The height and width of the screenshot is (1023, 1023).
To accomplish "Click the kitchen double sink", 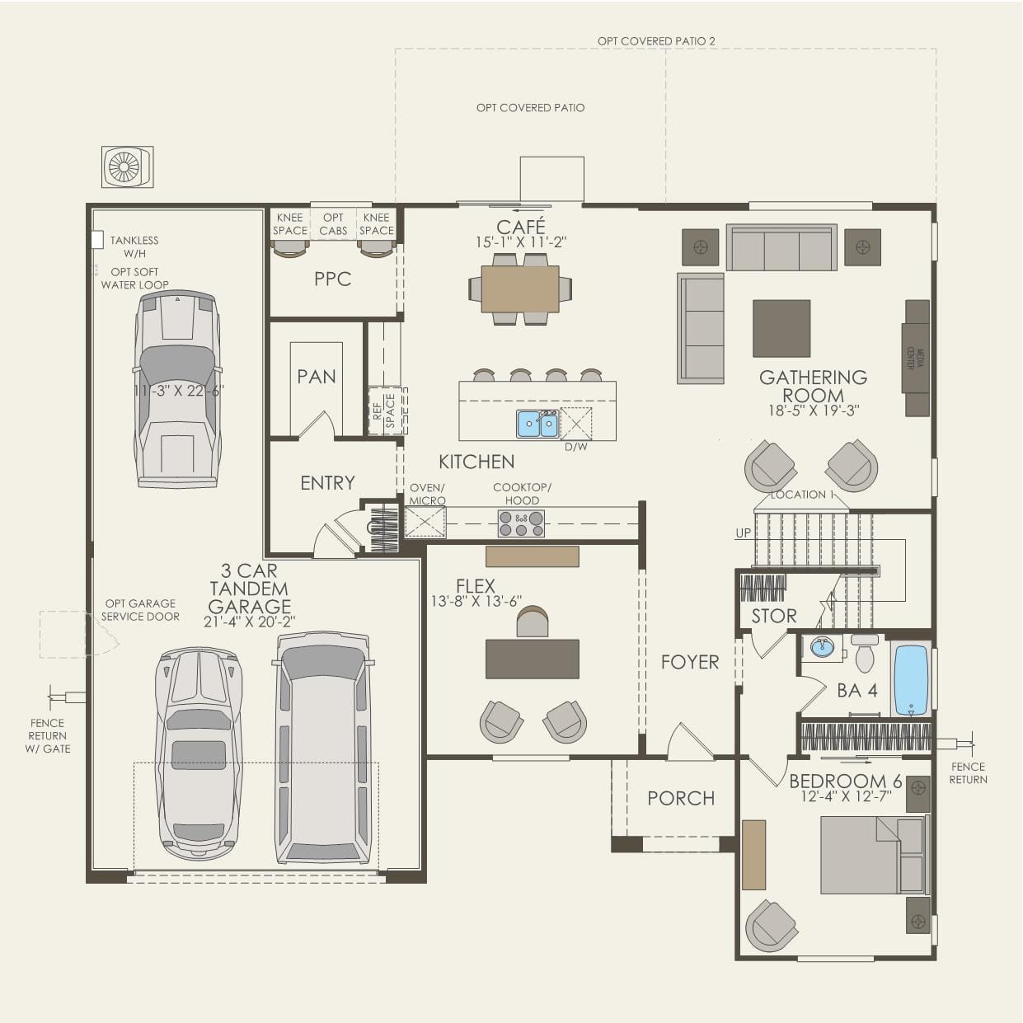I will tap(537, 424).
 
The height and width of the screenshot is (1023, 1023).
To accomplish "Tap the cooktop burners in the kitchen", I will tap(521, 523).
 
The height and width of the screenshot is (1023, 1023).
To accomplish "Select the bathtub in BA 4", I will tap(911, 679).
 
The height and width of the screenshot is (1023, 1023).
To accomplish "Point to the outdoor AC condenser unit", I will tap(127, 167).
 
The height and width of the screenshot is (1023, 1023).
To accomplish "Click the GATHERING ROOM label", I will tap(813, 387).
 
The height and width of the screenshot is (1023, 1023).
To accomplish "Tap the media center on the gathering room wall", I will tap(917, 359).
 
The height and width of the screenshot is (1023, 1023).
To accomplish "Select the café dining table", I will tap(520, 289).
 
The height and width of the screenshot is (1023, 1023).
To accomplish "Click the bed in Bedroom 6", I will tap(872, 855).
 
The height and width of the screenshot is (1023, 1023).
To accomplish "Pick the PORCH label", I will tap(681, 798).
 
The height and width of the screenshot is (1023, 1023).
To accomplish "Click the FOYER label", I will tap(690, 662).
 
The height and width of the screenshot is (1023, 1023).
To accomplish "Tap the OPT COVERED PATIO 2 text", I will tap(656, 40).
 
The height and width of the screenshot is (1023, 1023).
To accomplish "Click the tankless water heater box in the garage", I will tap(96, 239).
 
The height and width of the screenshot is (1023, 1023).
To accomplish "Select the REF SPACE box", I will tap(384, 411).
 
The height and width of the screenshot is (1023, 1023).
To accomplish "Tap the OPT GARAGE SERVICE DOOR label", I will tap(140, 610).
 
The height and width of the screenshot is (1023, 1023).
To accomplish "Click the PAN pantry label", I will tap(317, 377).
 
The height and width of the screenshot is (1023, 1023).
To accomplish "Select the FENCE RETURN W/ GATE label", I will tap(47, 735).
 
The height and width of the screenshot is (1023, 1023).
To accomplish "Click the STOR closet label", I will tap(773, 616).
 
